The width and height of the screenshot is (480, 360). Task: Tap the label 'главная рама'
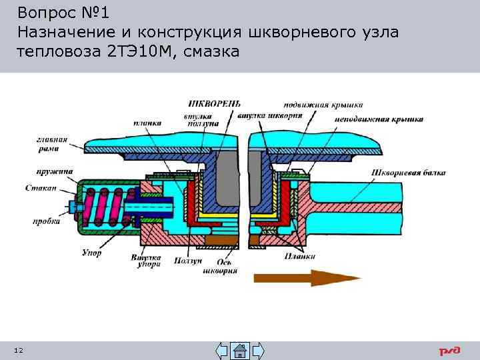[x=52, y=143]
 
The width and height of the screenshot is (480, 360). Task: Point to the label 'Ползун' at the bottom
[x=187, y=261]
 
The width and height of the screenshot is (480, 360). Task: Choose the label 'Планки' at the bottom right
[x=299, y=255]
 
